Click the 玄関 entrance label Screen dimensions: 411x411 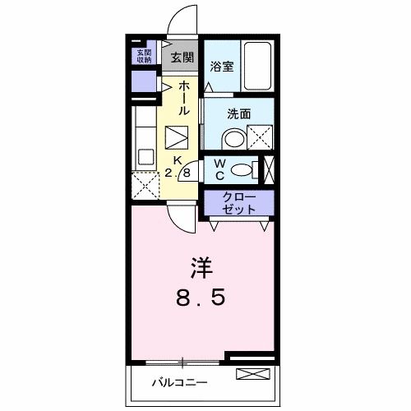tap(182, 58)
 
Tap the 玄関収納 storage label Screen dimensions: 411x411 tap(144, 56)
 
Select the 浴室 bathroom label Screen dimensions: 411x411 tap(222, 67)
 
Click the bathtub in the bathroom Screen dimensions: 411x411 tap(257, 66)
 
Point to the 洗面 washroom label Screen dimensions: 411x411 tap(239, 114)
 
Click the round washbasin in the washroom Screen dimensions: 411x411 tap(234, 139)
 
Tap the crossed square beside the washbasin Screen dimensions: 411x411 tap(260, 137)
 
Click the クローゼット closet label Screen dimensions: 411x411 tap(239, 203)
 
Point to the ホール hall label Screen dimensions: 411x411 tap(184, 98)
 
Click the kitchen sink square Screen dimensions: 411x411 tap(145, 157)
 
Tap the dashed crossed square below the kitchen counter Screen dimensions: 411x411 tap(145, 186)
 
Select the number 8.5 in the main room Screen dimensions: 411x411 tap(201, 298)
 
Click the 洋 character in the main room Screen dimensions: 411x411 tap(202, 268)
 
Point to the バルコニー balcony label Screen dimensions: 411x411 tap(179, 382)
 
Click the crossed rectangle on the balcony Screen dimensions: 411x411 tap(253, 374)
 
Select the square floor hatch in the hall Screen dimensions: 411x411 tap(177, 137)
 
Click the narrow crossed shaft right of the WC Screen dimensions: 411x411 tap(269, 170)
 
